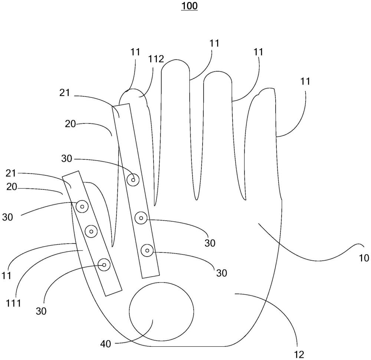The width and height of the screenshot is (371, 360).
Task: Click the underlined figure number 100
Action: pyautogui.click(x=189, y=6)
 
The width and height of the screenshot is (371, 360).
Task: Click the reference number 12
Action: pyautogui.click(x=299, y=355)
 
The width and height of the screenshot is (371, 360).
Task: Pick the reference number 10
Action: pyautogui.click(x=364, y=258)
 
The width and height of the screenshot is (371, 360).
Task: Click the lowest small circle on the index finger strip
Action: pyautogui.click(x=147, y=251)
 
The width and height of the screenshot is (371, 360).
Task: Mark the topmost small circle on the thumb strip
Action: pyautogui.click(x=82, y=207)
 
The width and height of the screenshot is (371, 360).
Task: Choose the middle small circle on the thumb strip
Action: pyautogui.click(x=91, y=232)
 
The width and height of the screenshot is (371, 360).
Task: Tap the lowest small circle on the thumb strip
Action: pyautogui.click(x=104, y=265)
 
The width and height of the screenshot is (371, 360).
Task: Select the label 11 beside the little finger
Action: pyautogui.click(x=305, y=81)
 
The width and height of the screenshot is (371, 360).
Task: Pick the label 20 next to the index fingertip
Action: pyautogui.click(x=70, y=125)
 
